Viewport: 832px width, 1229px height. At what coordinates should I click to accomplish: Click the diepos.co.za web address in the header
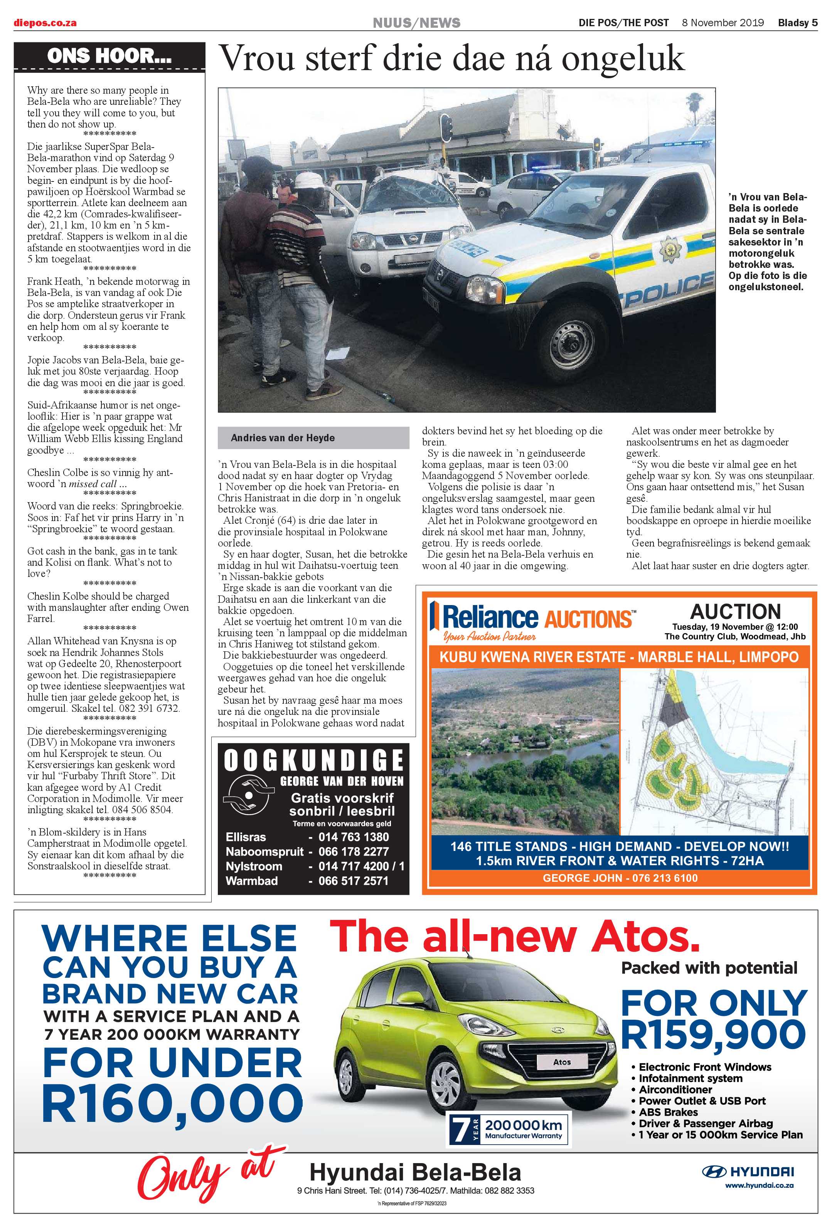coord(45,23)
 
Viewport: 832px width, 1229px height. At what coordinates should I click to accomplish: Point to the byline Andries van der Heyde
coord(283,438)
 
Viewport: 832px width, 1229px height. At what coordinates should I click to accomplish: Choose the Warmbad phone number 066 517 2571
coord(353,881)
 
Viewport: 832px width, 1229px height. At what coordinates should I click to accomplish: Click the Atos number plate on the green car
coord(561,1062)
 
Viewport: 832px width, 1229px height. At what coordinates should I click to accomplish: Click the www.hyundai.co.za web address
coord(758,1185)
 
